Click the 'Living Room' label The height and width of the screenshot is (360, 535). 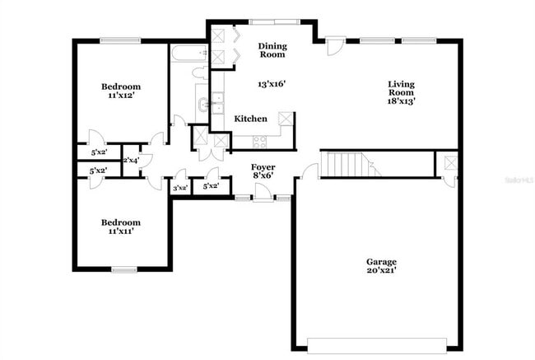point(402,88)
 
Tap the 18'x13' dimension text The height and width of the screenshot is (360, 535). point(402,101)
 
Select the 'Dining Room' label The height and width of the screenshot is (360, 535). point(272,50)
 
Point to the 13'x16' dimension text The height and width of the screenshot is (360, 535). point(272,83)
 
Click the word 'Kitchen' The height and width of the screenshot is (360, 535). point(250,119)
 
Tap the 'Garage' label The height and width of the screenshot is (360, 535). point(381,262)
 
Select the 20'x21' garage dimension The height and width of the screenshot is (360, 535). point(381,273)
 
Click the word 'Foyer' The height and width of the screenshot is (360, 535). point(263,166)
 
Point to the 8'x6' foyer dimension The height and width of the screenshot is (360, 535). point(263,175)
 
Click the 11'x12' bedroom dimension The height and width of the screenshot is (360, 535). point(121,96)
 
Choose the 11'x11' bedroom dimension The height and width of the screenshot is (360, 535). point(121,231)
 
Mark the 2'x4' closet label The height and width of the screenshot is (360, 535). point(131,160)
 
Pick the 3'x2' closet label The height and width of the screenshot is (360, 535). point(179,188)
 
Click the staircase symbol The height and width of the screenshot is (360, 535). point(349,165)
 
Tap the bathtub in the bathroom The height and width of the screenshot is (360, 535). point(189,55)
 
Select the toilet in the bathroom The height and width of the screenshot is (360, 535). point(200,74)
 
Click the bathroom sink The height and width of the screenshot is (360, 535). point(202,105)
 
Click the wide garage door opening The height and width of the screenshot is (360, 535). point(378,344)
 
